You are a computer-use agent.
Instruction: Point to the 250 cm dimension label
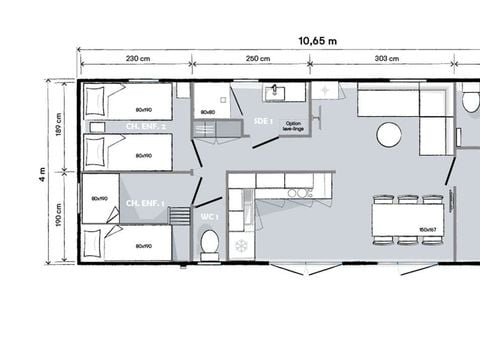(258, 59)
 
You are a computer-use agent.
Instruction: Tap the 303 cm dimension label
(386, 59)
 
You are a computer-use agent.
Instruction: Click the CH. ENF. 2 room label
(146, 127)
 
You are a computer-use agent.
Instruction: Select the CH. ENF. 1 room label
(146, 203)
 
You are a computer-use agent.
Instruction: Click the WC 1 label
(209, 215)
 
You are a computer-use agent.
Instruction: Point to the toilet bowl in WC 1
(209, 242)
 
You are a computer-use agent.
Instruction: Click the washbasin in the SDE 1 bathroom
(277, 93)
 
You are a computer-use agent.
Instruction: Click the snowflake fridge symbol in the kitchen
(240, 243)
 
